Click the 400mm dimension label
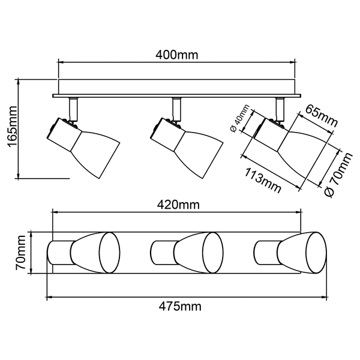177,55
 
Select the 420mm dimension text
178,205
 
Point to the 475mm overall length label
180,307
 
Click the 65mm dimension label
322,116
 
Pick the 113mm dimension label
262,181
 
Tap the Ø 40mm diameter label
239,118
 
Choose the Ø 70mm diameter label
338,175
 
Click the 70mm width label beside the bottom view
20,253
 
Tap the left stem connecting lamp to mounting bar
73,109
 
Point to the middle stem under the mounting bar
176,109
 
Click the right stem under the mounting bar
280,109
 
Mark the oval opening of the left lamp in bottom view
110,253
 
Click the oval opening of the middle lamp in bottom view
213,253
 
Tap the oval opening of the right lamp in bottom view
316,253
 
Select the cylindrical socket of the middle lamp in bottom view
164,253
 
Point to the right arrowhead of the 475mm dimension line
324,298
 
